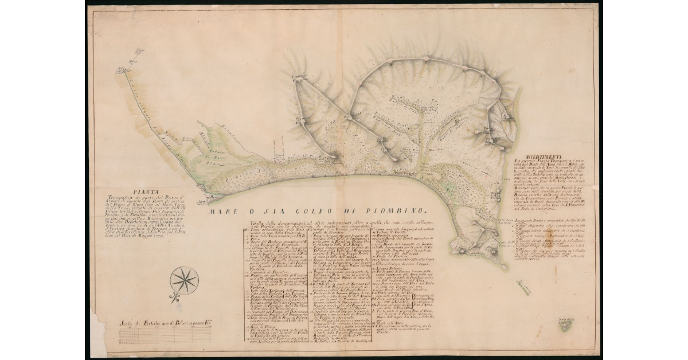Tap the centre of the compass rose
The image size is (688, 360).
pyautogui.click(x=184, y=281)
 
